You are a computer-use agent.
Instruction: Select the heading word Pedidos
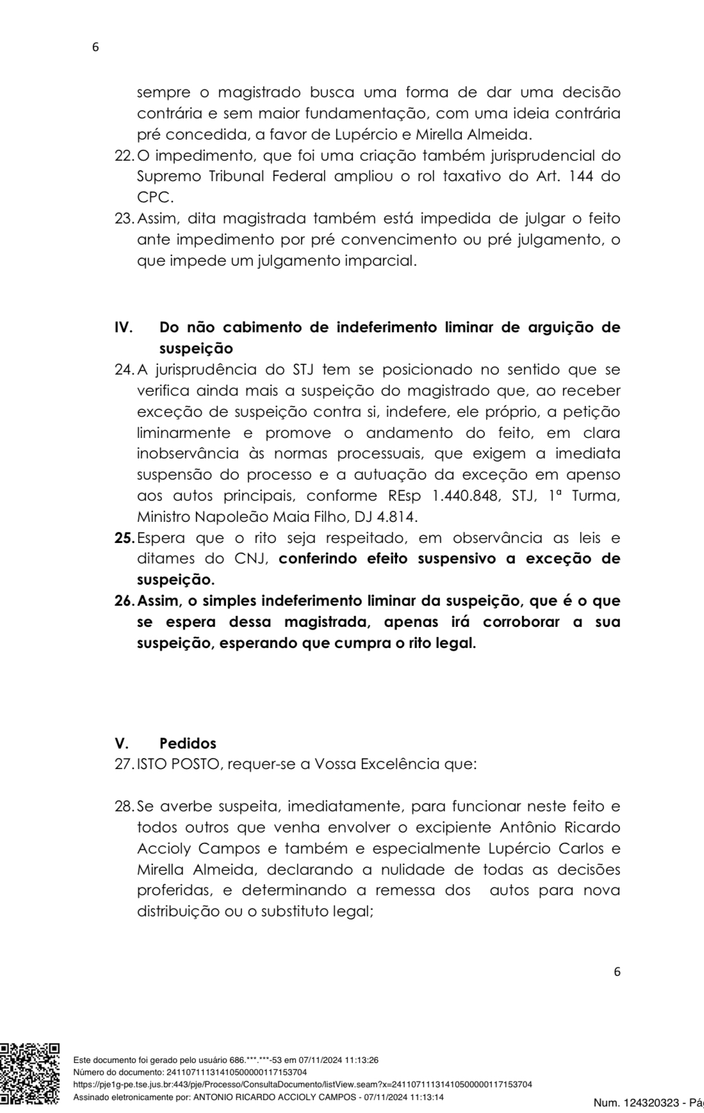pos(188,743)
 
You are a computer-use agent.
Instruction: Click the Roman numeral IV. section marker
pos(124,327)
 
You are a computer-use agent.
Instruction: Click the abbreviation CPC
pos(155,197)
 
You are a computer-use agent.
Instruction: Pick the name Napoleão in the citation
pos(217,516)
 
